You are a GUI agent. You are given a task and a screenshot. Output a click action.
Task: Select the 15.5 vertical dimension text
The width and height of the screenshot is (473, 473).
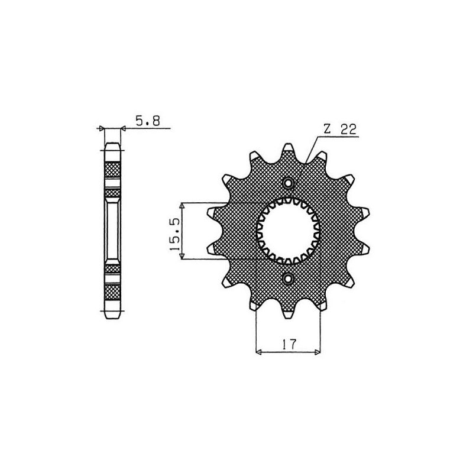[x=175, y=231]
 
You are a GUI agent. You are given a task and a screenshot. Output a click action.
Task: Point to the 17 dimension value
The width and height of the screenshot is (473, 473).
[x=289, y=344]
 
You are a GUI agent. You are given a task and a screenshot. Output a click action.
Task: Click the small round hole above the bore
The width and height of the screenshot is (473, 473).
[x=288, y=183]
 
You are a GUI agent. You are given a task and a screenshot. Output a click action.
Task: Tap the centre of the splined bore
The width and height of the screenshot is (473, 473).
[x=289, y=231]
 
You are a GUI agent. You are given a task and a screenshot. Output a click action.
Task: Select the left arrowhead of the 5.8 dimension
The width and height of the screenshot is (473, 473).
[x=101, y=128]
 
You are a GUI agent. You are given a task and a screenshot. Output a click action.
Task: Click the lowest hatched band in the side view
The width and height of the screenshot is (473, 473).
[x=113, y=292]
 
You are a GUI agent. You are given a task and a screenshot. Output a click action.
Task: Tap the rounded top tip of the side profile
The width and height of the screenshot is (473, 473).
[x=113, y=144]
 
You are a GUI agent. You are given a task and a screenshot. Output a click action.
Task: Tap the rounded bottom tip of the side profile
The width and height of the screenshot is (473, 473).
[x=113, y=317]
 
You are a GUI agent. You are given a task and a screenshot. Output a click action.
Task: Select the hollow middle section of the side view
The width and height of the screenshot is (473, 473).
[x=113, y=231]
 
